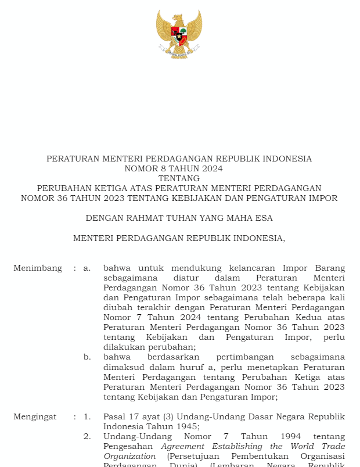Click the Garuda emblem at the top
(x=179, y=34)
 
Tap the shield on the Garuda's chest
(x=179, y=36)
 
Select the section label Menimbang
(x=38, y=268)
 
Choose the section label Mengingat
(x=35, y=417)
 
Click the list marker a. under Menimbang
(x=87, y=268)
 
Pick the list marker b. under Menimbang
(x=87, y=357)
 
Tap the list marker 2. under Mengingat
(x=87, y=437)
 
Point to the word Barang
(x=330, y=268)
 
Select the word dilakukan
(x=124, y=347)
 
